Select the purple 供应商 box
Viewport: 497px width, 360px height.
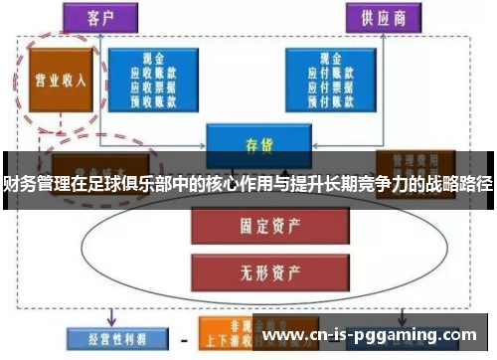click(382, 19)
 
